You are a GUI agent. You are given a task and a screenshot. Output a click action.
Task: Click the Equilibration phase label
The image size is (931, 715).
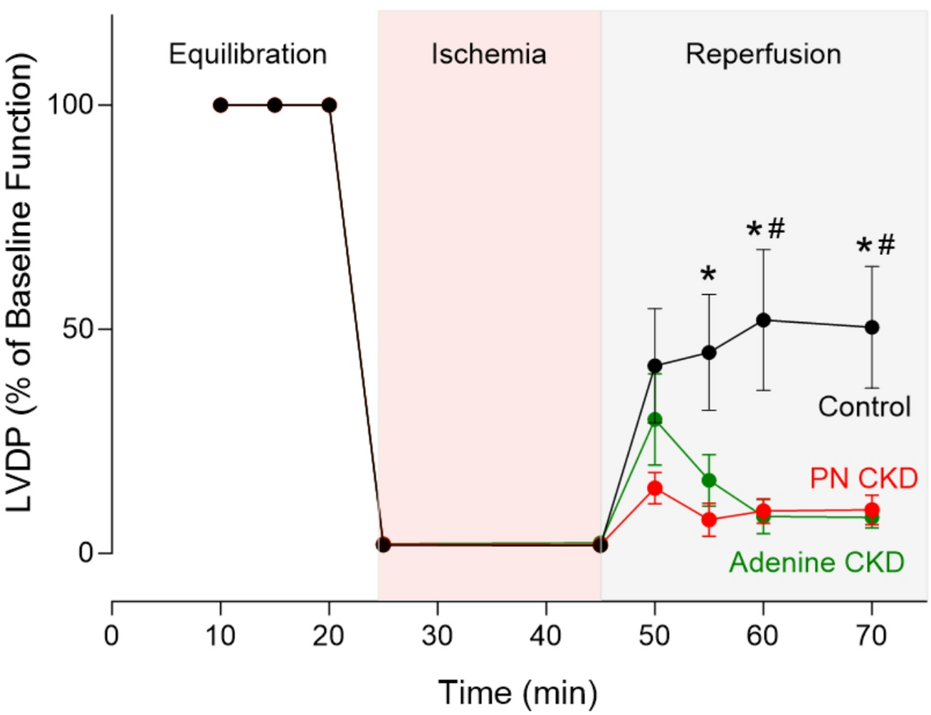click(248, 54)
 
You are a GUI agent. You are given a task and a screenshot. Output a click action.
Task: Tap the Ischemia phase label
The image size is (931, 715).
click(488, 54)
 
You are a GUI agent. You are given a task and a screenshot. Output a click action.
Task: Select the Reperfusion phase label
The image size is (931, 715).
click(763, 54)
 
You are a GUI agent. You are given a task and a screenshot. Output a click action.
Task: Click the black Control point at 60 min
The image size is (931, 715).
click(763, 320)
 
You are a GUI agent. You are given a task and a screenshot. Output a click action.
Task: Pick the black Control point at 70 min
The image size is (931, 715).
click(871, 328)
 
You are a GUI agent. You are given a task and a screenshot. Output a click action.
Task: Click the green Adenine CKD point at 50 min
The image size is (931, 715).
click(655, 419)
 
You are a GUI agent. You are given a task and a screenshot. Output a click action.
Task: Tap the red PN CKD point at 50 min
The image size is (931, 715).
click(655, 489)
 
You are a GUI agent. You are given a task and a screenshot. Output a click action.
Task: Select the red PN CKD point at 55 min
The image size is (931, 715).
click(709, 520)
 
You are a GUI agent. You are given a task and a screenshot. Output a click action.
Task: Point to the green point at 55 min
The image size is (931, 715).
click(709, 481)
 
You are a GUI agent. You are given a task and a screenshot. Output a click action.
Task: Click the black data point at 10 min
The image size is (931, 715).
click(221, 105)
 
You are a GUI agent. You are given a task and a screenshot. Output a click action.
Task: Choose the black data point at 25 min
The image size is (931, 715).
click(383, 545)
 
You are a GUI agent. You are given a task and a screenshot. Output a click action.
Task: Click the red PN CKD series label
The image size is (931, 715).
click(863, 479)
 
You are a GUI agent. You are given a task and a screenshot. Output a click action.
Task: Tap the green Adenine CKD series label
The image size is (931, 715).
click(816, 563)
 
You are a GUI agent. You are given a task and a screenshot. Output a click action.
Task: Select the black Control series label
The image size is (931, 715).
click(864, 407)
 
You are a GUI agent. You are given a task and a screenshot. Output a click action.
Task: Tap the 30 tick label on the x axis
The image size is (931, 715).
click(437, 635)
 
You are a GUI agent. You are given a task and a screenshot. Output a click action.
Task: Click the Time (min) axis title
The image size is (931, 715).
click(517, 692)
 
